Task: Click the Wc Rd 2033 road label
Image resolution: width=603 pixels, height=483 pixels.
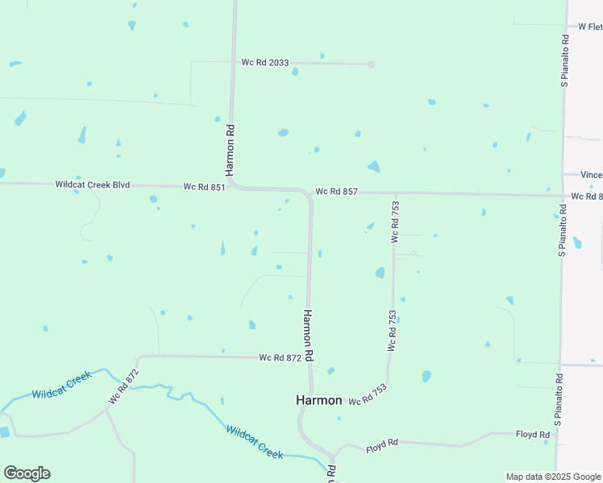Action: (x=264, y=62)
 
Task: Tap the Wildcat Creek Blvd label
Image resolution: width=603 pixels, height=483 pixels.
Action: (x=92, y=184)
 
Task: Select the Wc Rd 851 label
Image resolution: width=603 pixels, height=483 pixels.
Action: (x=204, y=187)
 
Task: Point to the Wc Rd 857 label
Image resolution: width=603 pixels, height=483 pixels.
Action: (x=335, y=192)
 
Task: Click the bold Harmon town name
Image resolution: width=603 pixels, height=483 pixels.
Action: (x=319, y=400)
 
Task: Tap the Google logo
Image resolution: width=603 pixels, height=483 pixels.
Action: (x=27, y=473)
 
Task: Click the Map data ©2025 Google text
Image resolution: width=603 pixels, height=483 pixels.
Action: (x=553, y=477)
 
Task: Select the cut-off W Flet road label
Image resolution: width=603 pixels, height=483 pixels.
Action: (x=589, y=27)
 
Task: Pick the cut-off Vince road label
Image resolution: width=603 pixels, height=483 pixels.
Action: (x=591, y=175)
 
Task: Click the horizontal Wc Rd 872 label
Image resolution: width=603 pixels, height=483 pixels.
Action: (x=280, y=357)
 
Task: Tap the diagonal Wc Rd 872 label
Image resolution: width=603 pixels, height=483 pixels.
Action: (x=124, y=386)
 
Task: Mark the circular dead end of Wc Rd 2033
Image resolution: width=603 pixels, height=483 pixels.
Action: (x=371, y=64)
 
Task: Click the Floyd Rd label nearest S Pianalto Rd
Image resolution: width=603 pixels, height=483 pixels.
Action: (x=532, y=435)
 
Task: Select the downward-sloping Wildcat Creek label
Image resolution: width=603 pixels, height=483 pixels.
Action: (x=254, y=442)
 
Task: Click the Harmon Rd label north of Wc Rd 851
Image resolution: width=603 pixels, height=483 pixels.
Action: (x=230, y=150)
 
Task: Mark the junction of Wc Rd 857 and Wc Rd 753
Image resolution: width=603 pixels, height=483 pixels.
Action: (x=396, y=193)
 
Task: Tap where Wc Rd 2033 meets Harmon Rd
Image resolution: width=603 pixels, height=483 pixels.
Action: (x=234, y=62)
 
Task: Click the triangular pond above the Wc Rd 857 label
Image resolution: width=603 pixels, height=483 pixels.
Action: (x=373, y=166)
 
